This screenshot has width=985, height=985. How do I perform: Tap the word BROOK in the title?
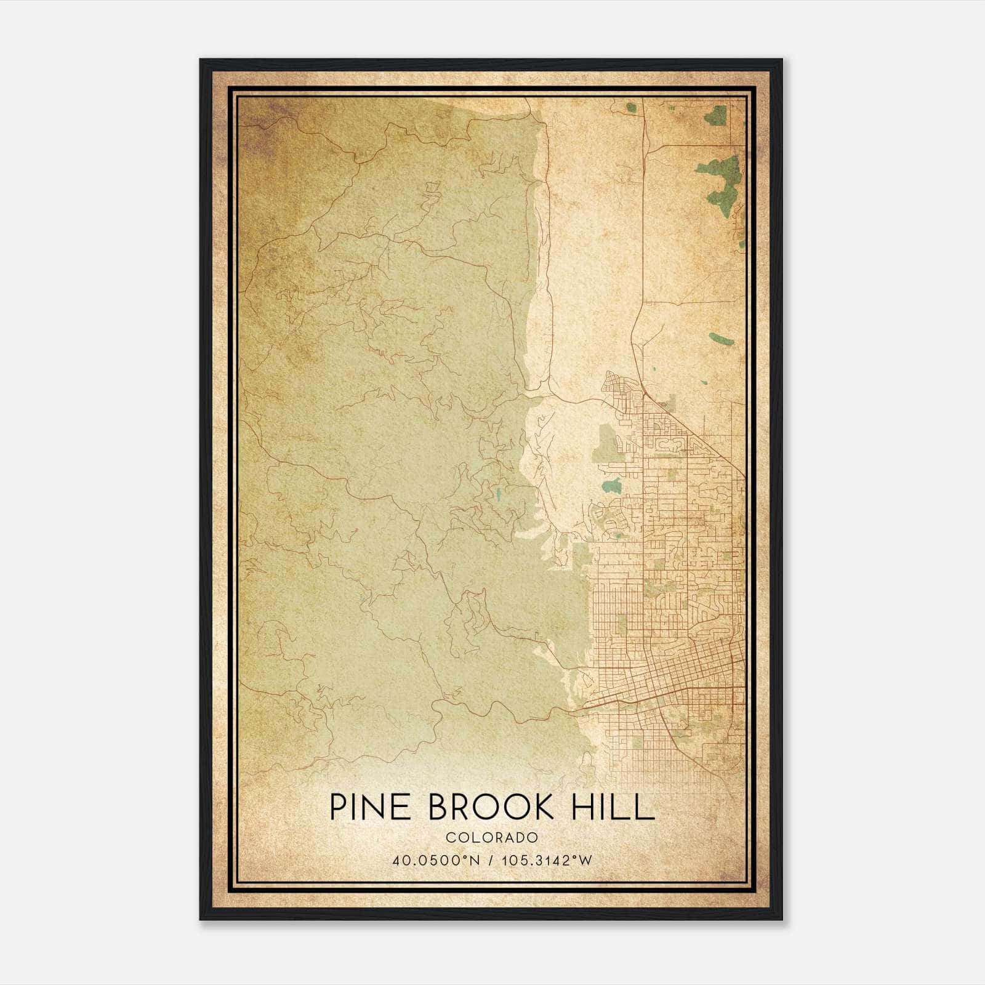pyautogui.click(x=491, y=806)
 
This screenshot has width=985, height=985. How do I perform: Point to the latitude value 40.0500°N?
pyautogui.click(x=435, y=861)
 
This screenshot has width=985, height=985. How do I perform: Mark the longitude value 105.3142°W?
pyautogui.click(x=547, y=861)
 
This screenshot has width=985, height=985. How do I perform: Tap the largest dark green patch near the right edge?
pyautogui.click(x=725, y=179)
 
